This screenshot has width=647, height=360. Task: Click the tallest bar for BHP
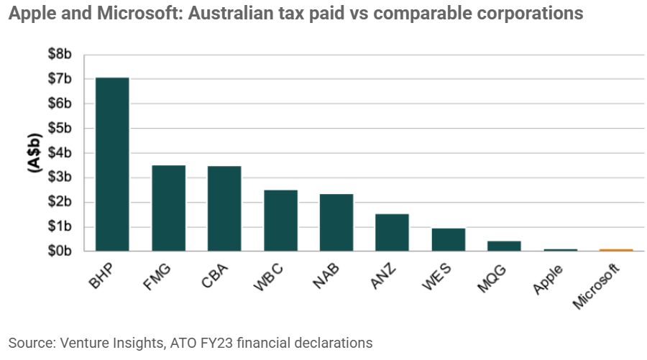(x=112, y=164)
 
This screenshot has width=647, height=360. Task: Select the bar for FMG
(x=168, y=208)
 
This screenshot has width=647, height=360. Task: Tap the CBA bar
(x=224, y=208)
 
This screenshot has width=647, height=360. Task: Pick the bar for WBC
(x=280, y=221)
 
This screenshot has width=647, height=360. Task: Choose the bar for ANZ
(x=392, y=233)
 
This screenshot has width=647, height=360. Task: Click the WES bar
(x=448, y=240)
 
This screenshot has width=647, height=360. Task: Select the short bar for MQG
(x=504, y=246)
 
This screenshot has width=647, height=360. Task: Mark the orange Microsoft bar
(x=616, y=250)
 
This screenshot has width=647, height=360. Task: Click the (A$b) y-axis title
(x=34, y=152)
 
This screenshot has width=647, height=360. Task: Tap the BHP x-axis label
(x=101, y=276)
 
